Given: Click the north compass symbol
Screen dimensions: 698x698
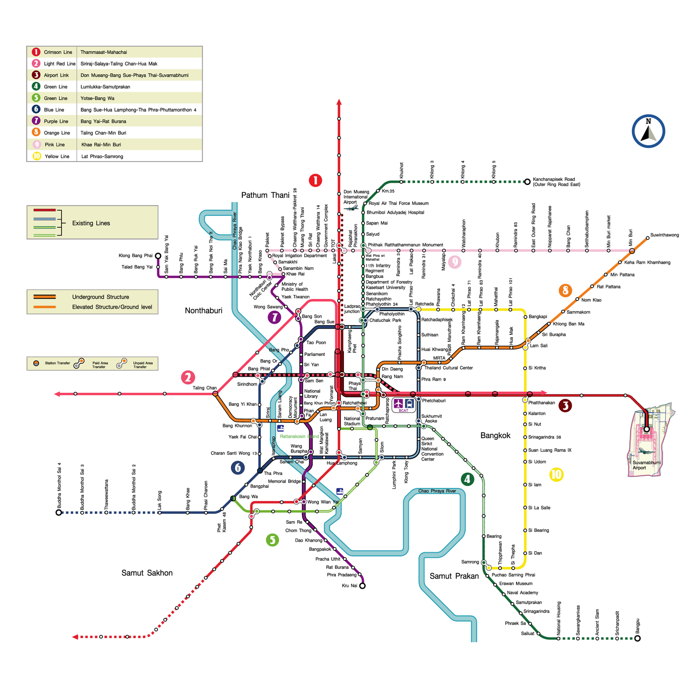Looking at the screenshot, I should [648, 131].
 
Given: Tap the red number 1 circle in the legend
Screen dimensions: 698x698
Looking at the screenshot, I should [36, 52].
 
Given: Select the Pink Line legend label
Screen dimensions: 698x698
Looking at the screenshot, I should [55, 145].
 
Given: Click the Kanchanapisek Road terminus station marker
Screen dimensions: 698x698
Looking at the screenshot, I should [527, 182].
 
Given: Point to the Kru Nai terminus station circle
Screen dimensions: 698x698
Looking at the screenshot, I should [362, 586].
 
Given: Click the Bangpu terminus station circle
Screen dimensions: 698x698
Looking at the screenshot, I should [637, 638].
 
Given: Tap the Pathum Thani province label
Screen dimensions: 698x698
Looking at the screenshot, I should [265, 195].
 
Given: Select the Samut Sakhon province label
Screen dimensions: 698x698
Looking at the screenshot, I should [147, 573].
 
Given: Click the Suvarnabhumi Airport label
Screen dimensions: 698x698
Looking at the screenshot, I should [646, 465].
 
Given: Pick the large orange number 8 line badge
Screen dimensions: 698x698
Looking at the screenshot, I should [565, 290].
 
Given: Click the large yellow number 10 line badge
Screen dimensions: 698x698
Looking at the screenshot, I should [556, 474].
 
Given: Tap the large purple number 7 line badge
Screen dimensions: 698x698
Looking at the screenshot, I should [274, 317].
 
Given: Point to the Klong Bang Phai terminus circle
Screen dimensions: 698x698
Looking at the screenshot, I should [158, 256].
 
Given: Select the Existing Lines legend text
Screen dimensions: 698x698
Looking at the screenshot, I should [91, 223].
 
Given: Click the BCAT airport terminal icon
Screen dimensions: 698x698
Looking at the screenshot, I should [404, 404].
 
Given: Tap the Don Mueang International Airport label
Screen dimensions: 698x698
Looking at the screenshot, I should [356, 197].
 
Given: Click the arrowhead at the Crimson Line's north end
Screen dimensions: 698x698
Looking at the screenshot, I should [339, 102].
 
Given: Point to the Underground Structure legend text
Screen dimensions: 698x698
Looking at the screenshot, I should [101, 297].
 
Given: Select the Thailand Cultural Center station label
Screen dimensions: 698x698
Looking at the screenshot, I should [448, 368].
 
